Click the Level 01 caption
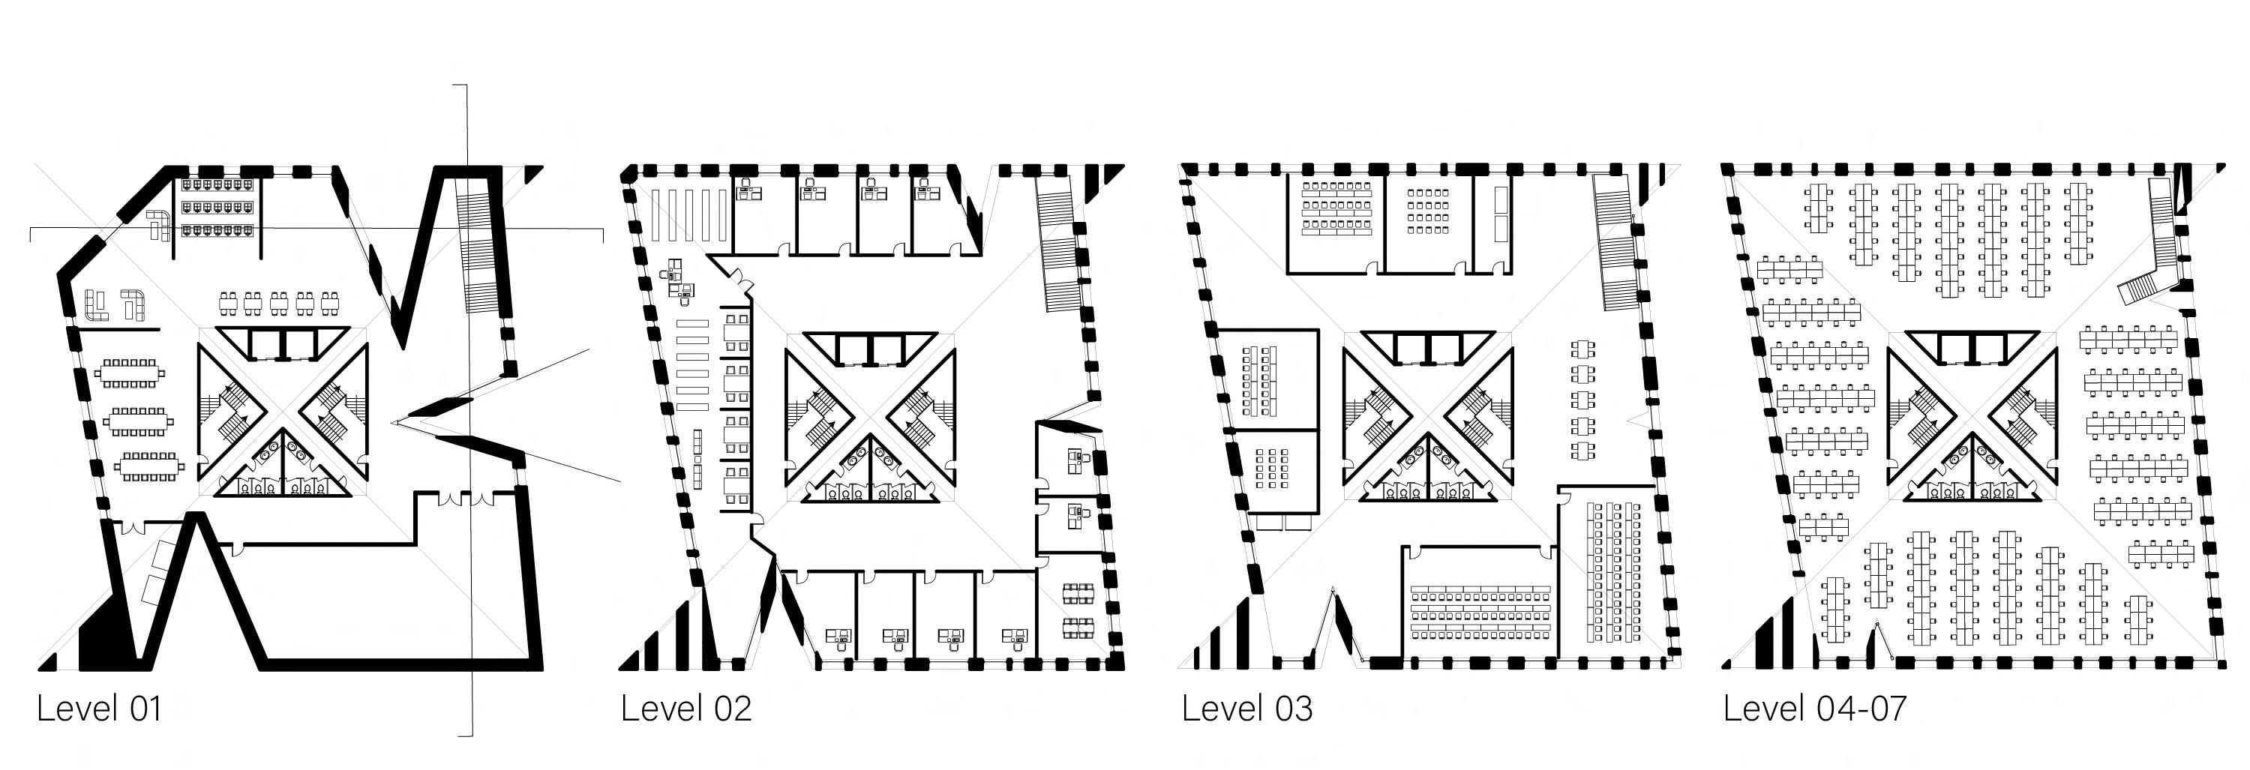[100, 709]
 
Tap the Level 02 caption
[685, 709]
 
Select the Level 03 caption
[1246, 709]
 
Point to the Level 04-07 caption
[1814, 709]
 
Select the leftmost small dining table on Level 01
[228, 303]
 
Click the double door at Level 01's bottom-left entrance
[133, 527]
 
